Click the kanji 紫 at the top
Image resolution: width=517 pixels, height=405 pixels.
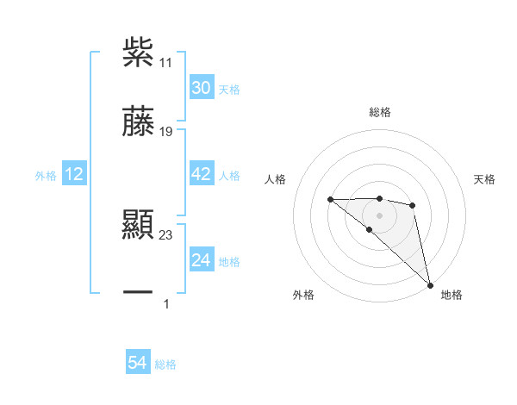pos(138,52)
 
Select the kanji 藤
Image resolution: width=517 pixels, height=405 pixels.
pos(138,122)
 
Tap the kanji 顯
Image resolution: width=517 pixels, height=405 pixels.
pos(138,226)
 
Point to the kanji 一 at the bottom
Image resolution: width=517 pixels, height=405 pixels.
pos(138,293)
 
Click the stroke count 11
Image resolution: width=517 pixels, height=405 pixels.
pos(167,62)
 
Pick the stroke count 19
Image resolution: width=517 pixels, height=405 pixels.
pos(167,132)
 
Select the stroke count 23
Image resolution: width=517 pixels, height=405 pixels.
pos(167,234)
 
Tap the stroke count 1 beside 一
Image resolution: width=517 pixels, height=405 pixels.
pos(166,303)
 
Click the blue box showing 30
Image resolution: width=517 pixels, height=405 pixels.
pos(201,88)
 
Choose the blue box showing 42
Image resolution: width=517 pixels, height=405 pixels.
pos(201,175)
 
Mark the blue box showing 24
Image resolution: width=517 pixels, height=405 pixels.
pos(201,259)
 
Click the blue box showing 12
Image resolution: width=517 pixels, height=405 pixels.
pos(74,175)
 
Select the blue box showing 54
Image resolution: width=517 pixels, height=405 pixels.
pos(137,364)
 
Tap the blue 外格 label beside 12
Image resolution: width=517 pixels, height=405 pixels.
pos(46,176)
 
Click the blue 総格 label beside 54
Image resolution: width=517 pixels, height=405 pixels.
pos(165,364)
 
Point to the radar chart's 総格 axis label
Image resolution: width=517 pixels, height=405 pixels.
pos(379,112)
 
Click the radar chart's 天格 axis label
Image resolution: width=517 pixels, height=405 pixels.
pos(484,179)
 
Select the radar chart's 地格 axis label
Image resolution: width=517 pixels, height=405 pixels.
pos(452,295)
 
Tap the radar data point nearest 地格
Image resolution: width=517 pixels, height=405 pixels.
pos(429,284)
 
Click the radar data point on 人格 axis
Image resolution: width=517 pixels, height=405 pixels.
pos(330,200)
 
